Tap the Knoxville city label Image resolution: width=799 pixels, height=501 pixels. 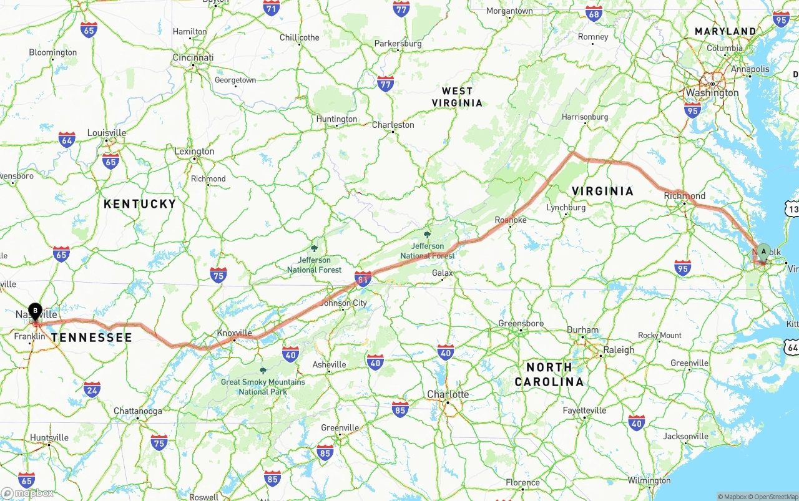tap(234, 333)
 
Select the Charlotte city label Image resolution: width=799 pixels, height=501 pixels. tap(448, 394)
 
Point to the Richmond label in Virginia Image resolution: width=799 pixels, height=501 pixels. tap(685, 195)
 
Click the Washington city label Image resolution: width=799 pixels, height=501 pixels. tap(712, 93)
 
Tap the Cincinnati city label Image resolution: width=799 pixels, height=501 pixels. tap(193, 57)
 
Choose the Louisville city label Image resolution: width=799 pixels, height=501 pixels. tap(107, 133)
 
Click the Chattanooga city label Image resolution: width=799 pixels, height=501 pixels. tap(138, 411)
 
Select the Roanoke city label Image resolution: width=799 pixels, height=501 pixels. tap(511, 220)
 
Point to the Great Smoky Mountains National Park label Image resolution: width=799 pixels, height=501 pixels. tap(263, 387)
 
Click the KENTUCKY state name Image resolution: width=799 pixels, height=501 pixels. tap(140, 204)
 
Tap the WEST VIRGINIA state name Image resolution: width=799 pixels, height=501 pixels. tap(458, 97)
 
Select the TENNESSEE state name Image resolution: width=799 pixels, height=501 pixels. tap(92, 338)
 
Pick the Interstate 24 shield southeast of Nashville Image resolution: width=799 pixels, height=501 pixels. tap(92, 389)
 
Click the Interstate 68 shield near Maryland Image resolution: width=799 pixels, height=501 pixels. tap(594, 14)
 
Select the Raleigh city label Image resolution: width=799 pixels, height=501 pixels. tap(619, 350)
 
